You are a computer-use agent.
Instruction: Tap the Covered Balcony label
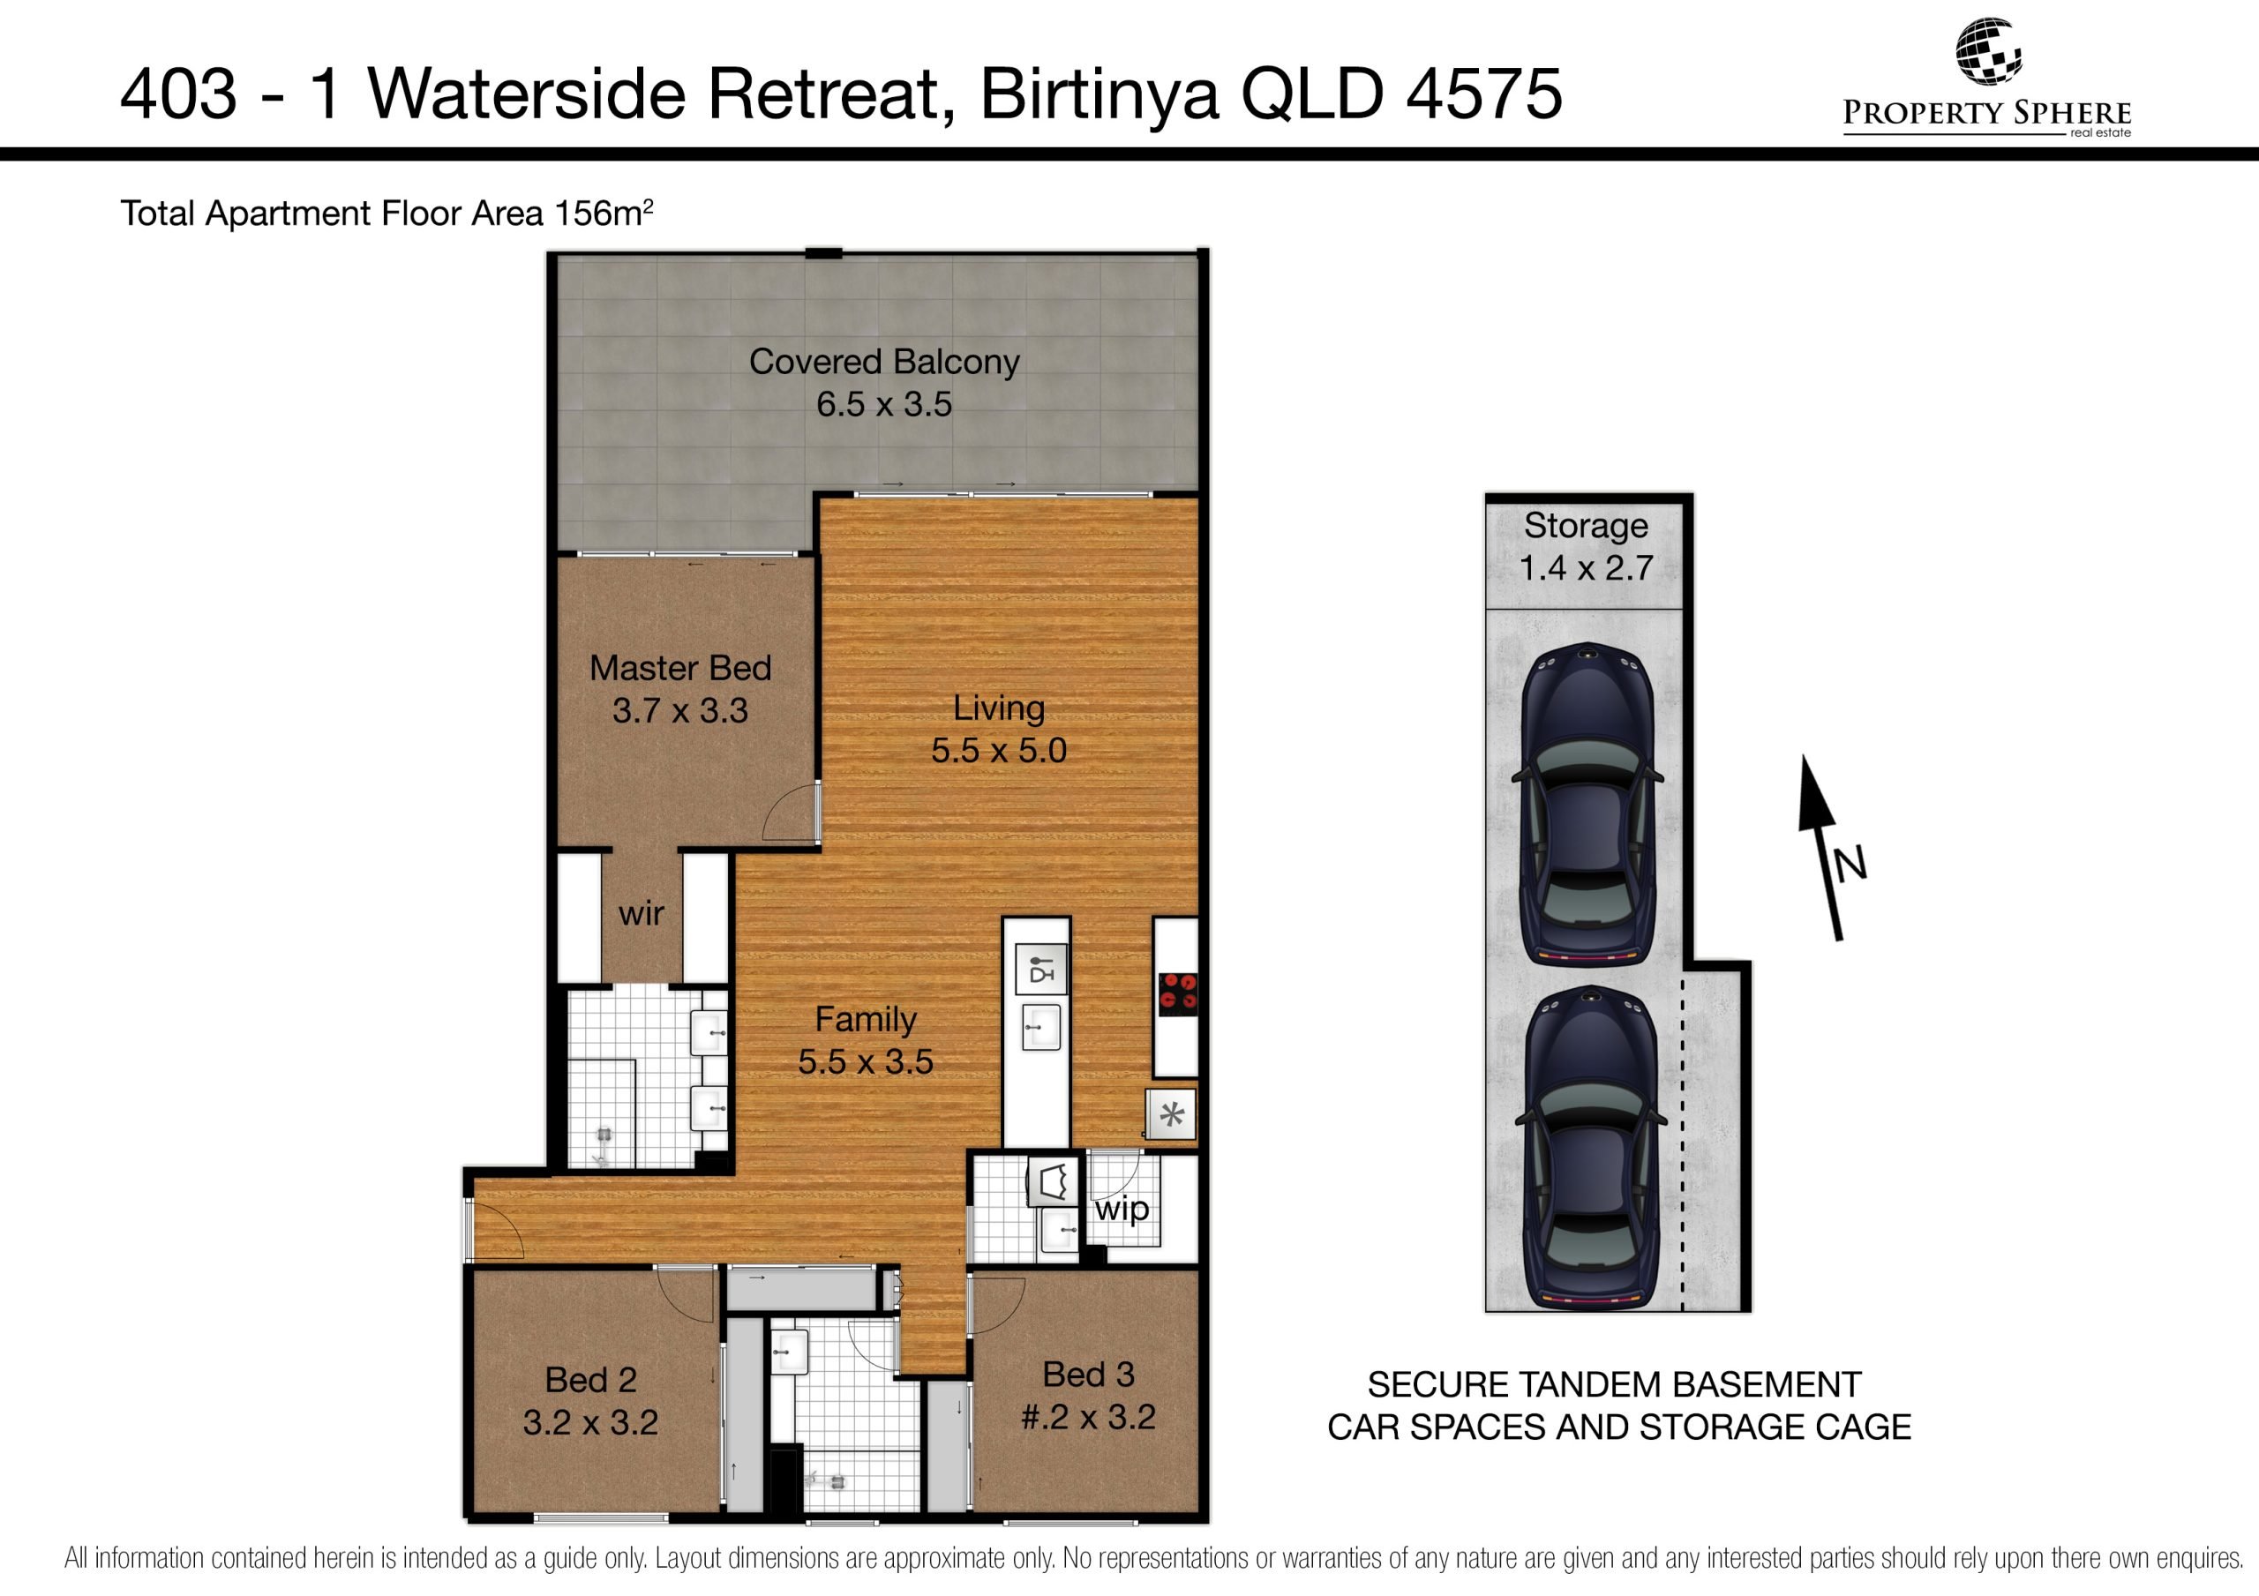(883, 362)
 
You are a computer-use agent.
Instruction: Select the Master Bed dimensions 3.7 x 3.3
(679, 710)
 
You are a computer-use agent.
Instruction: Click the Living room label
(999, 708)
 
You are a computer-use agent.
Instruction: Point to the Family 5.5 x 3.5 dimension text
(865, 1061)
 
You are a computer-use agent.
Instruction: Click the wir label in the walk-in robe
(642, 914)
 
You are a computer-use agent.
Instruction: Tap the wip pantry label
(1122, 1210)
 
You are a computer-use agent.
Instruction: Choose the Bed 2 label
(590, 1380)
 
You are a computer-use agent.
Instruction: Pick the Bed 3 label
(1088, 1374)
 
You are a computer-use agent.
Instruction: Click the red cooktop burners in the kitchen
(1178, 993)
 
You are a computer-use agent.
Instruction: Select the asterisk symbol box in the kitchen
(1171, 1116)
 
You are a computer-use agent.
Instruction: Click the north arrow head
(1815, 791)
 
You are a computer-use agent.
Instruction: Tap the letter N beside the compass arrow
(1850, 863)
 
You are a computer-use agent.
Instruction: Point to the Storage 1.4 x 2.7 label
(1586, 547)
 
